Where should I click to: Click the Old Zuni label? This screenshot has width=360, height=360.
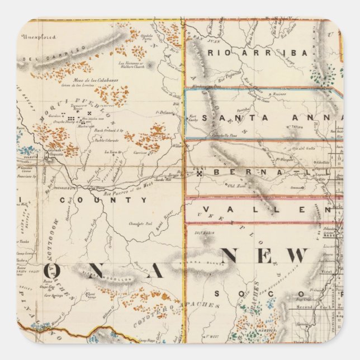pyautogui.click(x=230, y=184)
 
